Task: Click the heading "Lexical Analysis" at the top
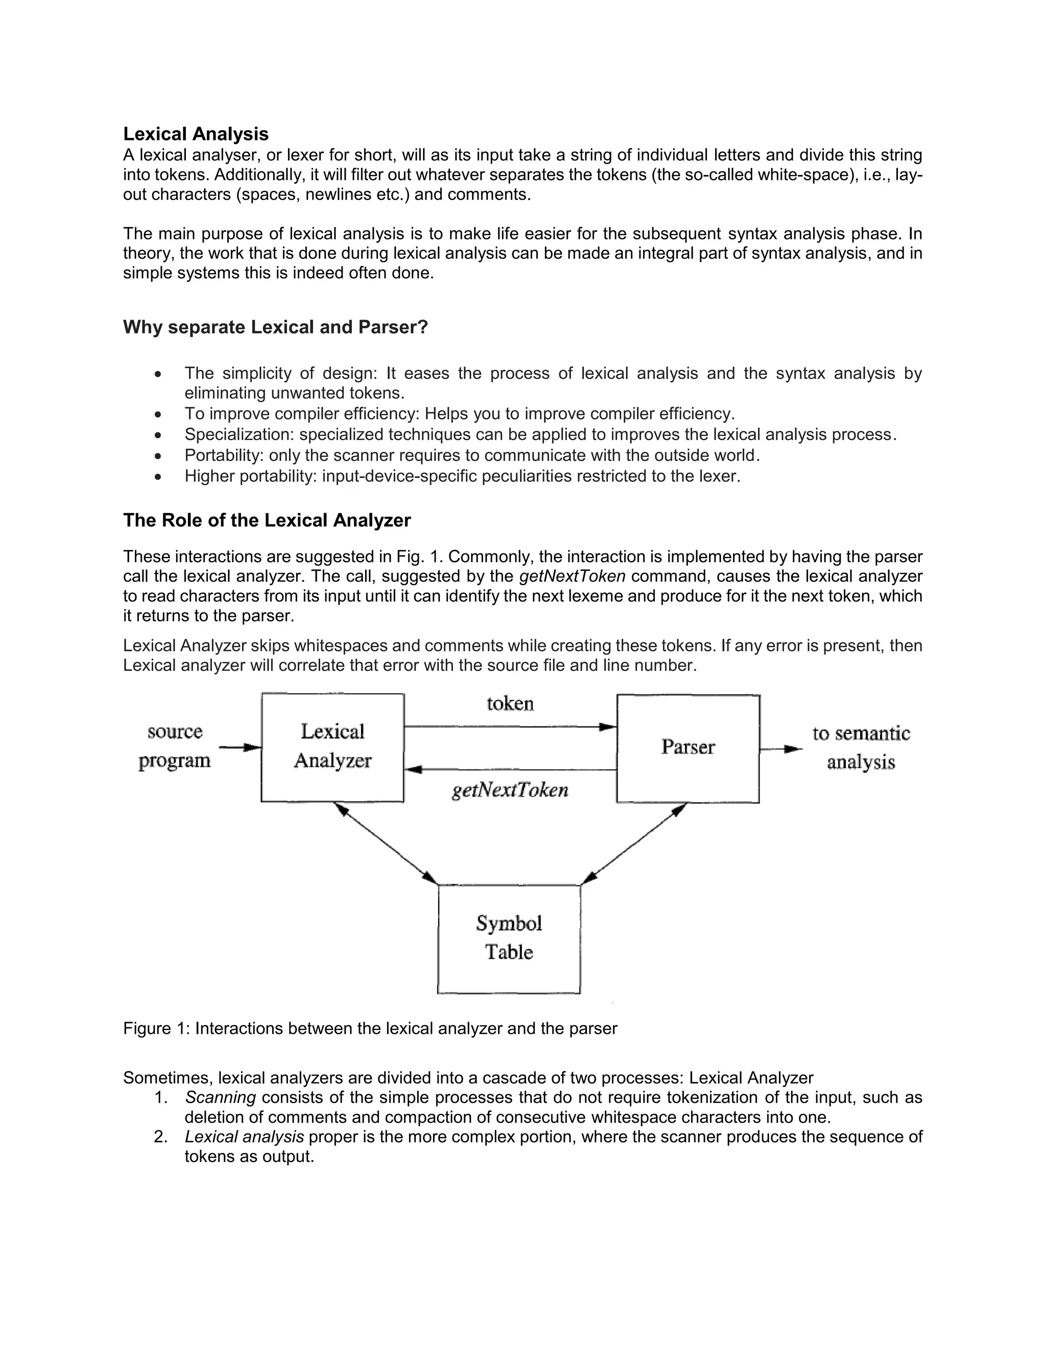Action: [196, 134]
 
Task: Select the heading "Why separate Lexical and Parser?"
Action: [275, 327]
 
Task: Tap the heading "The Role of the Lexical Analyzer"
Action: [267, 520]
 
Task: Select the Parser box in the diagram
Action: [688, 748]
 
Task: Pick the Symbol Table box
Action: [509, 938]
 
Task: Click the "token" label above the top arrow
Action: [510, 704]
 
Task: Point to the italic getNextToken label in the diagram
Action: [510, 790]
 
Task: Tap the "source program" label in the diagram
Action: [175, 746]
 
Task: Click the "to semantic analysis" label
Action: [861, 748]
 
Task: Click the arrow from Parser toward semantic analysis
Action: [781, 750]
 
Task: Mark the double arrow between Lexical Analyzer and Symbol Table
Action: [386, 844]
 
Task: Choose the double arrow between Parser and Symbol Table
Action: [635, 844]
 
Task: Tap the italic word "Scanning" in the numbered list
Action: [220, 1097]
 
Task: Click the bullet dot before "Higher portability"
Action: [159, 477]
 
